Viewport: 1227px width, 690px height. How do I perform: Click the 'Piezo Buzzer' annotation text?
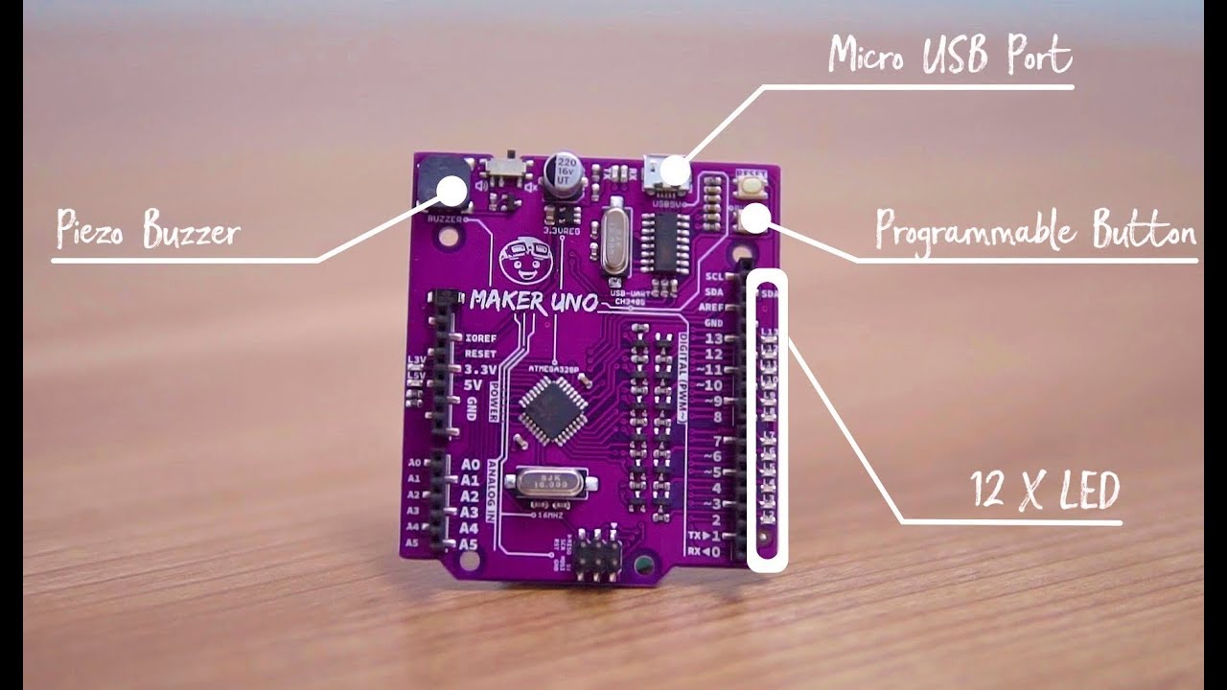(148, 231)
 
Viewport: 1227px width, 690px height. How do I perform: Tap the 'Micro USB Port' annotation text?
(949, 56)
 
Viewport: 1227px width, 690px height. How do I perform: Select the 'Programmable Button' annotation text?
(1035, 233)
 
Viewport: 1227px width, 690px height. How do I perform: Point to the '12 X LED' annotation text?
(1044, 492)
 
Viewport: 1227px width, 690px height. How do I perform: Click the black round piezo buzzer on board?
(445, 181)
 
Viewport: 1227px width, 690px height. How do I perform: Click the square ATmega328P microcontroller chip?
(548, 409)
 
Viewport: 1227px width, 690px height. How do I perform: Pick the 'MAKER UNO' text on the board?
(533, 301)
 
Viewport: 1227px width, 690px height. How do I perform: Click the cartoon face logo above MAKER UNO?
(521, 258)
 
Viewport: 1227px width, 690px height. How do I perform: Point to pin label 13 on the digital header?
(713, 339)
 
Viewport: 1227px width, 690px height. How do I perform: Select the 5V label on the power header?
(473, 385)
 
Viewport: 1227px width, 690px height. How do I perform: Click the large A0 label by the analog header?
(470, 463)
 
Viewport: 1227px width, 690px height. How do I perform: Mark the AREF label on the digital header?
(712, 307)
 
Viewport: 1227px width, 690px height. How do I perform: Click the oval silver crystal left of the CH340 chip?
(611, 244)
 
